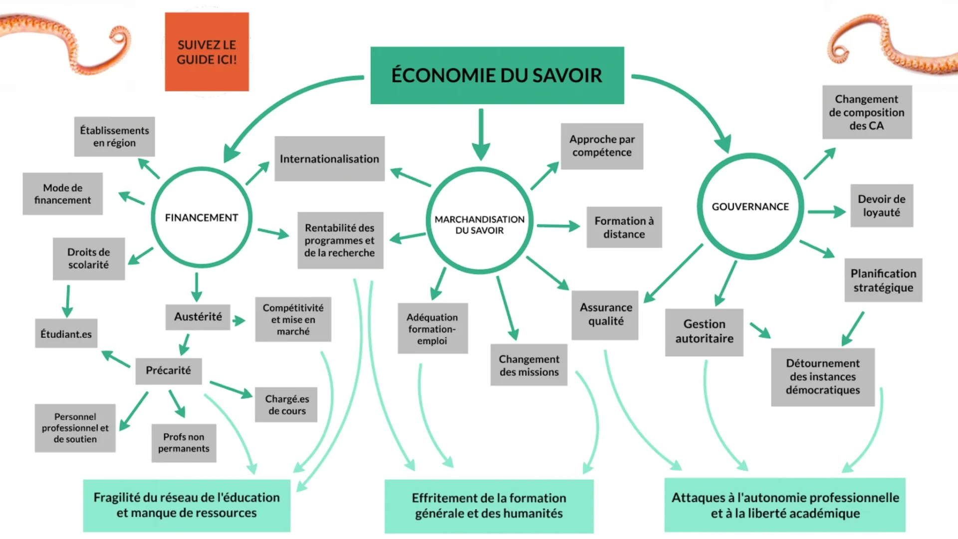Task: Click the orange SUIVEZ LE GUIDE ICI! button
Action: click(207, 52)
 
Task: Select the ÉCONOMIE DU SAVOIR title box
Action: click(497, 75)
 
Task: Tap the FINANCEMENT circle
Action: click(202, 218)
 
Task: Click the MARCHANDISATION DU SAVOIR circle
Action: click(479, 225)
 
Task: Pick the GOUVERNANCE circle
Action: click(750, 207)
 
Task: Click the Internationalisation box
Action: click(329, 159)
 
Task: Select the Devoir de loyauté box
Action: click(881, 206)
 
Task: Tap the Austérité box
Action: click(198, 317)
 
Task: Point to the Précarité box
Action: click(168, 370)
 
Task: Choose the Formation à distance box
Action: click(624, 227)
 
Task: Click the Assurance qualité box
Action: click(605, 314)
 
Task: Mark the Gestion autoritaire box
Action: click(704, 331)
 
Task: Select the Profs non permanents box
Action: click(184, 443)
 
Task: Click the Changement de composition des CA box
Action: click(867, 112)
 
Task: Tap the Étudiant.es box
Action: click(66, 334)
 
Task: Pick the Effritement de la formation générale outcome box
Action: click(488, 506)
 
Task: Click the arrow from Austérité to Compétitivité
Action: click(239, 320)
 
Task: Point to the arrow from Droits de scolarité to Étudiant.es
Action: click(67, 301)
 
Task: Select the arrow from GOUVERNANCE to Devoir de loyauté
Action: click(827, 212)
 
